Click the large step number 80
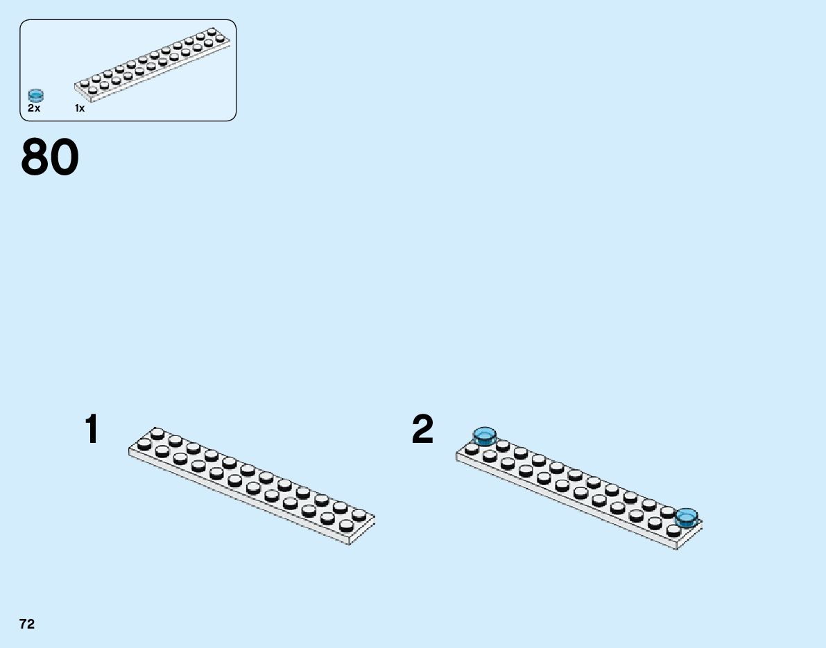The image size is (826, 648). [x=50, y=158]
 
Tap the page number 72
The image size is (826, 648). [x=27, y=624]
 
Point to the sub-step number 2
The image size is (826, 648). [x=422, y=430]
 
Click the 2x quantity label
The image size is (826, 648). [x=34, y=108]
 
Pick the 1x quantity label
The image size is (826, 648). [x=80, y=108]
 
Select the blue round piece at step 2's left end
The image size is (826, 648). [x=484, y=436]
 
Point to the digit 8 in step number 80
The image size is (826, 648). [x=35, y=158]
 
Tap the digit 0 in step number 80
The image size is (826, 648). [x=64, y=158]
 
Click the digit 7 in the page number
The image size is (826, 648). [x=23, y=624]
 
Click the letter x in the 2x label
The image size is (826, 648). [x=37, y=109]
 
